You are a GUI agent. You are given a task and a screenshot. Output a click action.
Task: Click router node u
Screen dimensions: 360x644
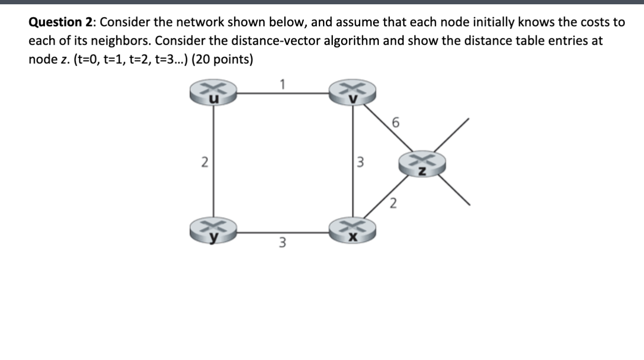(x=213, y=93)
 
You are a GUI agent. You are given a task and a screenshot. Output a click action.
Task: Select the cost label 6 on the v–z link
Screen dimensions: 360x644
(x=395, y=123)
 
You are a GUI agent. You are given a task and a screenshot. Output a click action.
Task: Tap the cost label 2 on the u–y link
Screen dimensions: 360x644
(x=204, y=162)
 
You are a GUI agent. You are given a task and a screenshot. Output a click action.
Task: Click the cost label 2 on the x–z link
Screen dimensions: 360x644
(x=392, y=205)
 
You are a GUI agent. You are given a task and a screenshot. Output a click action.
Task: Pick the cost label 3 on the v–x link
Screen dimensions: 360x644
(x=361, y=162)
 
